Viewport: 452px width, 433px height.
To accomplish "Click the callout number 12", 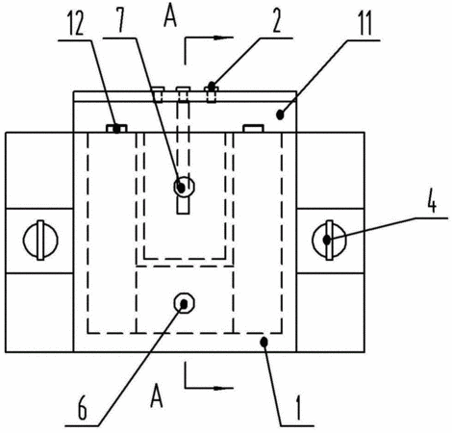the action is point(76,24).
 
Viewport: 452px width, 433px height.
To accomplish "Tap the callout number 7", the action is point(120,22).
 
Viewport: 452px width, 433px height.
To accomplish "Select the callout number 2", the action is point(276,22).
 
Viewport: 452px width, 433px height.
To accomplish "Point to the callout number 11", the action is point(365,24).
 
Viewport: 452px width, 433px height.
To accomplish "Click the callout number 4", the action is point(432,202).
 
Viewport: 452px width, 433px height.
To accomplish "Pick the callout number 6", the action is point(83,409).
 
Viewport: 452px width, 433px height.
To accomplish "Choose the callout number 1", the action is point(298,408).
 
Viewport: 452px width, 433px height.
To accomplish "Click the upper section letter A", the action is point(170,17).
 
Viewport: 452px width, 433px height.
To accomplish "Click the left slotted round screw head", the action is point(40,240).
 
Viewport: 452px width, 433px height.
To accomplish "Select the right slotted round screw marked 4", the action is point(329,240).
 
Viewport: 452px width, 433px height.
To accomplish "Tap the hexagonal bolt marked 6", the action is point(184,303).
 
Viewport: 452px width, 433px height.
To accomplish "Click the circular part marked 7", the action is point(184,187).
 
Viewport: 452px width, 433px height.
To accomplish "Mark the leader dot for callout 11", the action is point(280,115).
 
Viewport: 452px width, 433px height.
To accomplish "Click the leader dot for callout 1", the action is point(264,342).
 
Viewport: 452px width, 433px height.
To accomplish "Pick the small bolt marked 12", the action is point(116,129).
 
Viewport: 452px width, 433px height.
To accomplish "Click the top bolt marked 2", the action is point(211,93).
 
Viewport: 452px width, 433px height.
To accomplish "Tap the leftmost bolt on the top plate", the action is point(158,94).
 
